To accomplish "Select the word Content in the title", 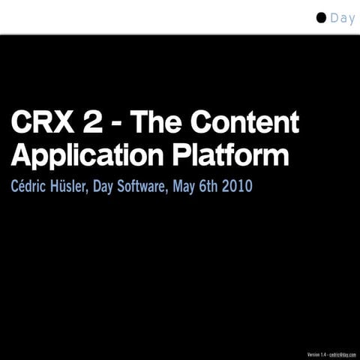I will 247,123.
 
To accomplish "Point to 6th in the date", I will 211,186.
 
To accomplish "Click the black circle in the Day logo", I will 321,18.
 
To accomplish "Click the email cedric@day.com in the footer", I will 342,354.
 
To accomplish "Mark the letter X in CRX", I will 68,123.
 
